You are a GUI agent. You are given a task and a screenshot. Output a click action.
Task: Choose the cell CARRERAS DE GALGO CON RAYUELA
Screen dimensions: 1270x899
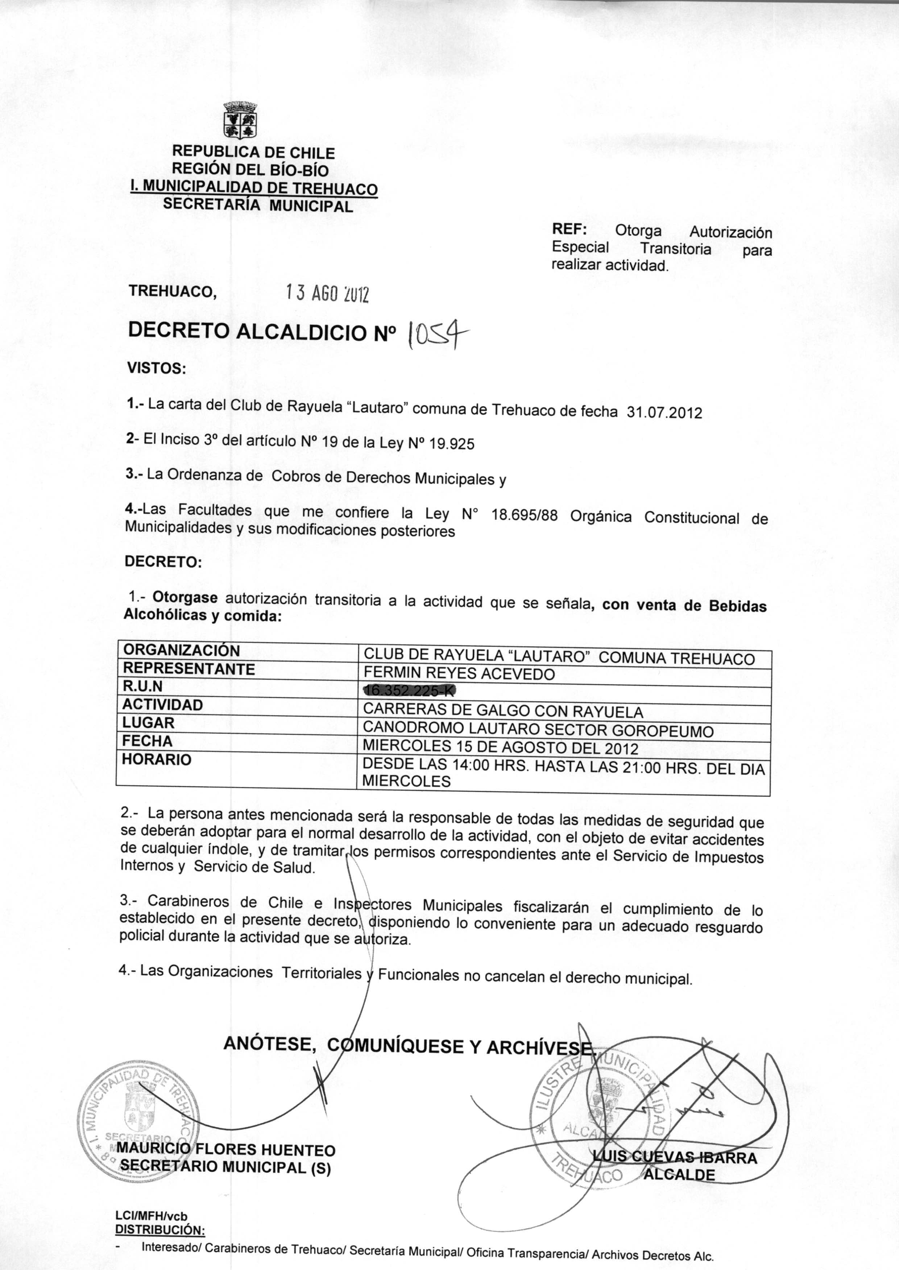(x=503, y=711)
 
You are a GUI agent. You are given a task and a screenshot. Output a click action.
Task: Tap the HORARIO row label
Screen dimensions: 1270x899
(x=157, y=759)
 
